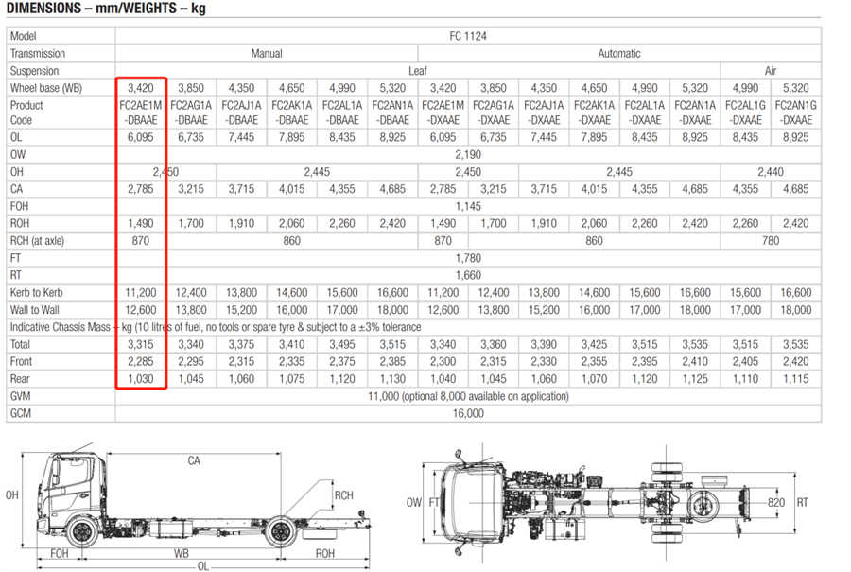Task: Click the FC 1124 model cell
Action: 468,36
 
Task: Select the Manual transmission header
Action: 267,54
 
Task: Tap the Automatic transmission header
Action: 619,54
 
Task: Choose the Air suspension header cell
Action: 771,71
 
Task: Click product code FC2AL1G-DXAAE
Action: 746,113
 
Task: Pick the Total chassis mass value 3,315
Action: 141,344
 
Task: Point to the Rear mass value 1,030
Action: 141,379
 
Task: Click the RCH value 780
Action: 771,241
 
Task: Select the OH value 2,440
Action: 771,172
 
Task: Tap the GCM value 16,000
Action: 468,413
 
